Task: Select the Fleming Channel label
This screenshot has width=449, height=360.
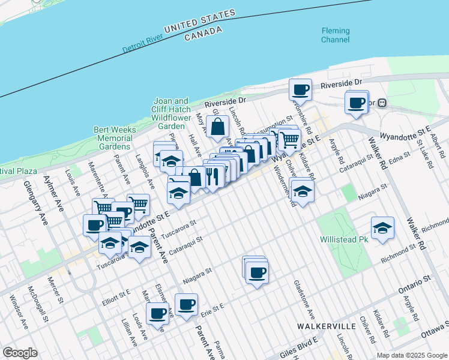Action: (x=335, y=35)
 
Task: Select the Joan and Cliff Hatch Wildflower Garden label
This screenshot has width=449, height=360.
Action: (x=171, y=114)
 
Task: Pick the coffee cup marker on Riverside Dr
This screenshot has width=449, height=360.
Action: (x=300, y=91)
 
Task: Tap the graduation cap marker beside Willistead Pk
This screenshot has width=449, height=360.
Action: (x=382, y=229)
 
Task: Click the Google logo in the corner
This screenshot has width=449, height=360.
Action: (x=20, y=353)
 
